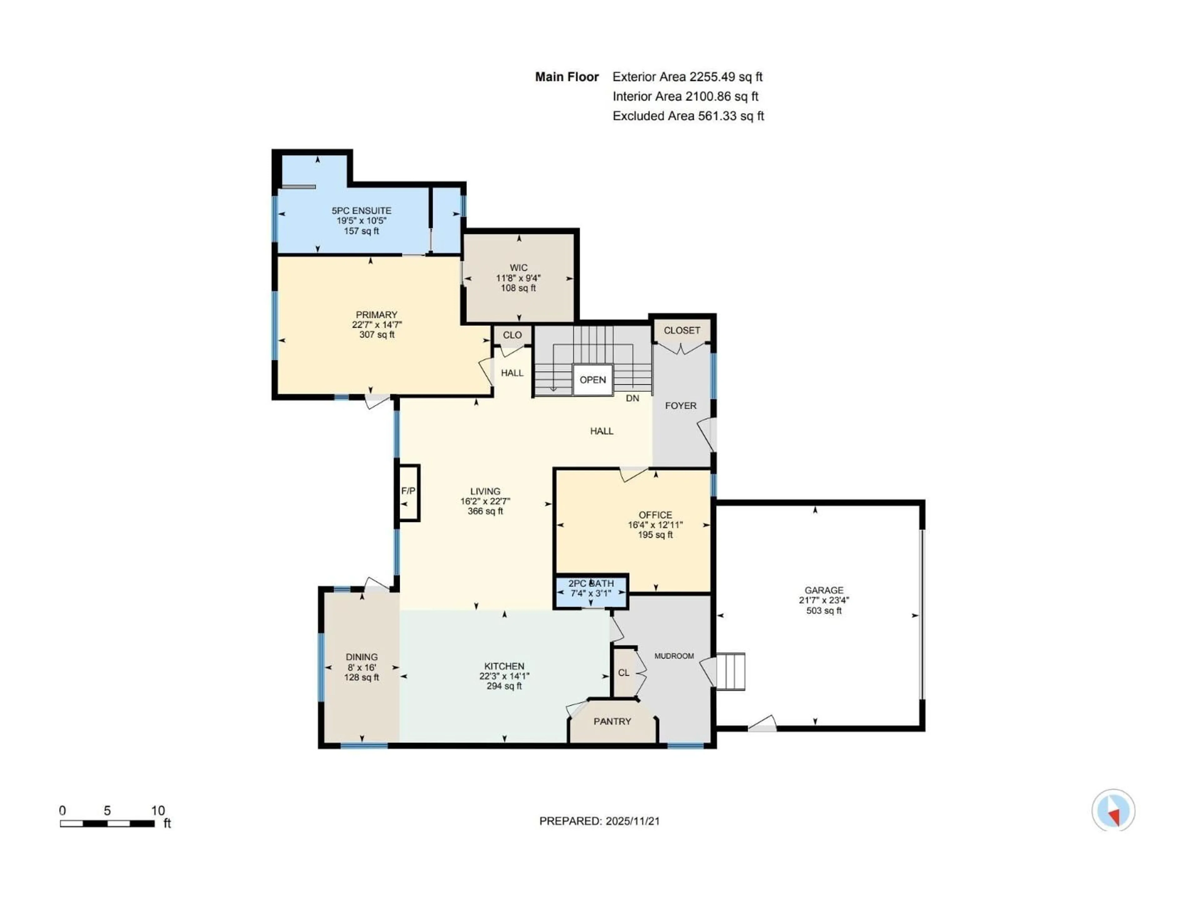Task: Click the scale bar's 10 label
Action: click(158, 811)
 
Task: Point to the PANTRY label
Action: click(612, 721)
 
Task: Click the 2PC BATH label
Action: click(591, 583)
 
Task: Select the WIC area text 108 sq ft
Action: click(518, 288)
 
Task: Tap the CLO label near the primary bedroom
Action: click(512, 335)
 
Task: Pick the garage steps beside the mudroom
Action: click(731, 671)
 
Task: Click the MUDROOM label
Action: click(674, 656)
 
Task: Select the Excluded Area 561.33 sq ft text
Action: click(688, 116)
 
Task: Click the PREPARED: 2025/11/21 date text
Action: click(599, 821)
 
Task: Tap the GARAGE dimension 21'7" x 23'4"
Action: click(823, 600)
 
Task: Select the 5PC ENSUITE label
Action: click(361, 211)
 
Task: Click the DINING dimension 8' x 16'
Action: click(361, 667)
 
